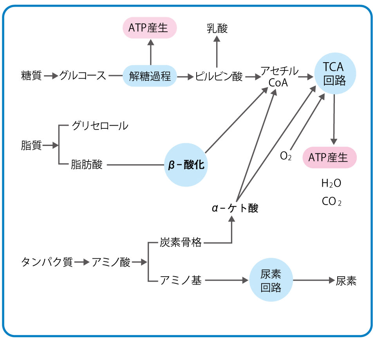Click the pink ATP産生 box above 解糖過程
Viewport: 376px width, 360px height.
click(x=150, y=27)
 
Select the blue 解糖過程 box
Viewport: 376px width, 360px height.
click(x=150, y=76)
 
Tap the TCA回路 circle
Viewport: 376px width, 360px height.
click(x=335, y=73)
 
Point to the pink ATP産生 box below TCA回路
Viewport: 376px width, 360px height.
click(x=330, y=157)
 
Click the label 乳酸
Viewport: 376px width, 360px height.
click(x=217, y=28)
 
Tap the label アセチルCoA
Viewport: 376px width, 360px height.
click(x=279, y=77)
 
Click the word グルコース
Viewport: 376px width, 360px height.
click(x=83, y=76)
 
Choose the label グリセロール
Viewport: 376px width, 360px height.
click(x=99, y=126)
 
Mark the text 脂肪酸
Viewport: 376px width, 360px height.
click(x=87, y=165)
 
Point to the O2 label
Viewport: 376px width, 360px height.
click(x=286, y=157)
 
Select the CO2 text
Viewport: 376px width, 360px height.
click(x=331, y=202)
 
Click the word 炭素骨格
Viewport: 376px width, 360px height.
click(x=181, y=243)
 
